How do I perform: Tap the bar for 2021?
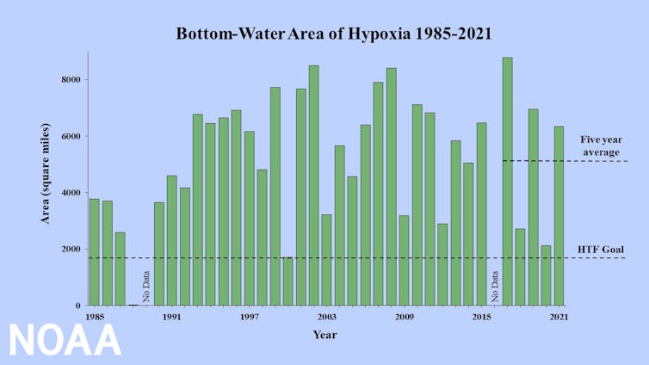pyautogui.click(x=559, y=215)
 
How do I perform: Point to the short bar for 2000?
pyautogui.click(x=288, y=281)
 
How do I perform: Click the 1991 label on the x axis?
pyautogui.click(x=172, y=318)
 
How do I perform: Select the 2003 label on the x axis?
pyautogui.click(x=327, y=318)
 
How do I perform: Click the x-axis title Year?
pyautogui.click(x=325, y=334)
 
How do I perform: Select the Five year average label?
pyautogui.click(x=600, y=145)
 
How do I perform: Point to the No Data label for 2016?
pyautogui.click(x=495, y=287)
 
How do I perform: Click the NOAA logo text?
pyautogui.click(x=65, y=341)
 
